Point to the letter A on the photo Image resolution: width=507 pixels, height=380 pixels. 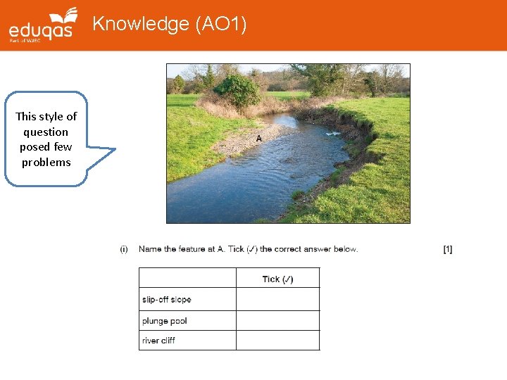(x=258, y=139)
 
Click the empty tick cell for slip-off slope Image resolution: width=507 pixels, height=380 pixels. (x=277, y=300)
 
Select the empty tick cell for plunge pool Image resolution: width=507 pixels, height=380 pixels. (x=277, y=321)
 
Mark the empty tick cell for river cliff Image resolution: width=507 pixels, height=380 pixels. (x=277, y=341)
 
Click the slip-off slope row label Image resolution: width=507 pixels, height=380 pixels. (x=166, y=300)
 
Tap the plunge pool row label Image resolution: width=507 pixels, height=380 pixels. (x=164, y=321)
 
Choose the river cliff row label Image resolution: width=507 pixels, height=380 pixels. (x=158, y=341)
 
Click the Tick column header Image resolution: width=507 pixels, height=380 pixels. (x=277, y=279)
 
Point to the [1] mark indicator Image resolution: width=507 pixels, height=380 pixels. (x=448, y=249)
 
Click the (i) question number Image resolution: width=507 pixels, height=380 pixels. (x=124, y=249)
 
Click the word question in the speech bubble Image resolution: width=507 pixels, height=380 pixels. (x=46, y=132)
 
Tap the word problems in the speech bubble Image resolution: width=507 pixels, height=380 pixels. (x=46, y=162)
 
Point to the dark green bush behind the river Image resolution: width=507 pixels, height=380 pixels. (x=237, y=90)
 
